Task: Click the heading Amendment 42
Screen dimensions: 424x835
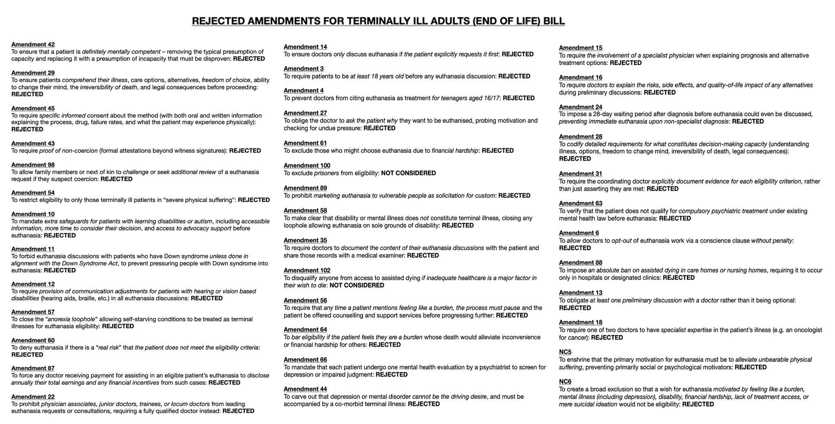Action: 33,44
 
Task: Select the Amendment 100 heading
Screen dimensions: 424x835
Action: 307,166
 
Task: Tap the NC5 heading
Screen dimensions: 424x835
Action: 565,352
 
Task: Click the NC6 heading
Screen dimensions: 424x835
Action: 565,382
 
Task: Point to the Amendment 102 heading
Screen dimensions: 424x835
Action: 307,270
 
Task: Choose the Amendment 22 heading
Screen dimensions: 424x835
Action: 33,397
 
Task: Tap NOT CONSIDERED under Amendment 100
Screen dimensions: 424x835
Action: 409,173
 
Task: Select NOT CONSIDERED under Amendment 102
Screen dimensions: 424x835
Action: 357,285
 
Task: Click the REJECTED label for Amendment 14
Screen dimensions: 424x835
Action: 517,54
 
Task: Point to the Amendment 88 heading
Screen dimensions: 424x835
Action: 581,263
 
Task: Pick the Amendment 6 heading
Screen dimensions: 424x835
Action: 579,233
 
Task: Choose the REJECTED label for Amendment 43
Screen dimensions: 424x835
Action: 245,150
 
